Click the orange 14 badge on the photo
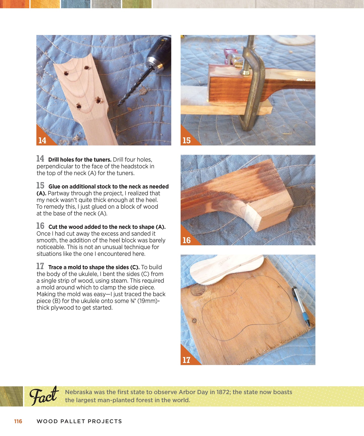coord(42,140)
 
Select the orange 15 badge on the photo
coord(186,140)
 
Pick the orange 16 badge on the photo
coord(186,240)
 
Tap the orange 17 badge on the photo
coord(186,360)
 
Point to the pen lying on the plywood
coord(301,306)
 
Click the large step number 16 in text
coord(40,226)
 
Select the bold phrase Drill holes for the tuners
coord(80,160)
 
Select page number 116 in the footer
coord(18,421)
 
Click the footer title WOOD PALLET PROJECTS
coord(79,421)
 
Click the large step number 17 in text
coord(40,266)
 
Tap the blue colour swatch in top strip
coord(76,4)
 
